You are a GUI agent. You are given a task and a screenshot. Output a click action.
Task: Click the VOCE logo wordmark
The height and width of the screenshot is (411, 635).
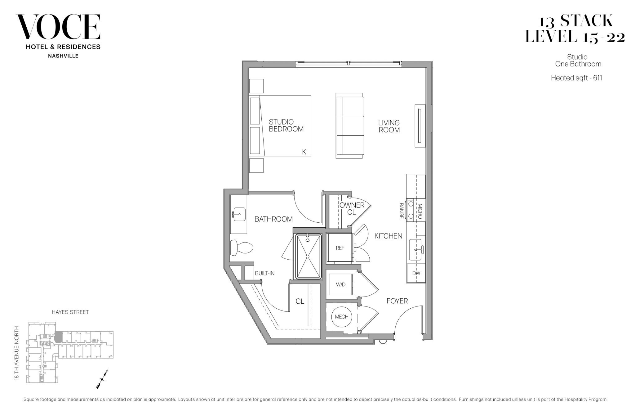point(58,27)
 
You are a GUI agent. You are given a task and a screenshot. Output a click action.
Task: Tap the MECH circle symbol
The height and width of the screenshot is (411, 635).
point(341,317)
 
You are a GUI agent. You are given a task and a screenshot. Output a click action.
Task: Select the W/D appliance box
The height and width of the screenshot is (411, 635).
point(340,284)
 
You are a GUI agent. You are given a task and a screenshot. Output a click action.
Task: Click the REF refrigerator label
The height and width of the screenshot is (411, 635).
point(340,248)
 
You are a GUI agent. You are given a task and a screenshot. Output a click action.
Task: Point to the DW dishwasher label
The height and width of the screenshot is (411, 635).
point(416,273)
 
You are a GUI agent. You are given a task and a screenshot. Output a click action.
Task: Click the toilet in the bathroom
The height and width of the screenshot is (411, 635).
point(242,248)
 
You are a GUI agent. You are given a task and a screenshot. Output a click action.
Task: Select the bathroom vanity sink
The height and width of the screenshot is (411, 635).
point(239,214)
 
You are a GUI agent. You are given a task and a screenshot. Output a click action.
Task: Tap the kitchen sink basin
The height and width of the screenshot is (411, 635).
point(415,249)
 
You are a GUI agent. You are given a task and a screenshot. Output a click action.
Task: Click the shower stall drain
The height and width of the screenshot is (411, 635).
point(308,257)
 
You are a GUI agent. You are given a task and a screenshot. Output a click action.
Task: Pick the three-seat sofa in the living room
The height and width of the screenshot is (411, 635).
point(350,126)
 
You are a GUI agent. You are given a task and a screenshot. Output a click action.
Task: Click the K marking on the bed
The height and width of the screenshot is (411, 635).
point(304,152)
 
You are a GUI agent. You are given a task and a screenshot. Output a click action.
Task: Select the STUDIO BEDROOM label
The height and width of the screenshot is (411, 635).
point(286,126)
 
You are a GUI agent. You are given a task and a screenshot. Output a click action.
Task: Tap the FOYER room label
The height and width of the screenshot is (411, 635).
point(397,301)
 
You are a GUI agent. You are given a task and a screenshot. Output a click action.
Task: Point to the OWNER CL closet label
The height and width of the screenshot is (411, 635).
point(352,208)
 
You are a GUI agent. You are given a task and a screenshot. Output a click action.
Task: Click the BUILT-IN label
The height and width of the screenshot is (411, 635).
point(264,273)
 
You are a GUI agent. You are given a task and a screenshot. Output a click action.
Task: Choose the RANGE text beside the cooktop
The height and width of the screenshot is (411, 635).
point(401,211)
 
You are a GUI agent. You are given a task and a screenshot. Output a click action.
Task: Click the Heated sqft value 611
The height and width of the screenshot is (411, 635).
point(597,78)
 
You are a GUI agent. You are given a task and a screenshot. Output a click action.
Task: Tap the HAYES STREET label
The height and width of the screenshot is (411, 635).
point(70,312)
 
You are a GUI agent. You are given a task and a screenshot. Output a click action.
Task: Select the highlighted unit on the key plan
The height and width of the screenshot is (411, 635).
point(58,337)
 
